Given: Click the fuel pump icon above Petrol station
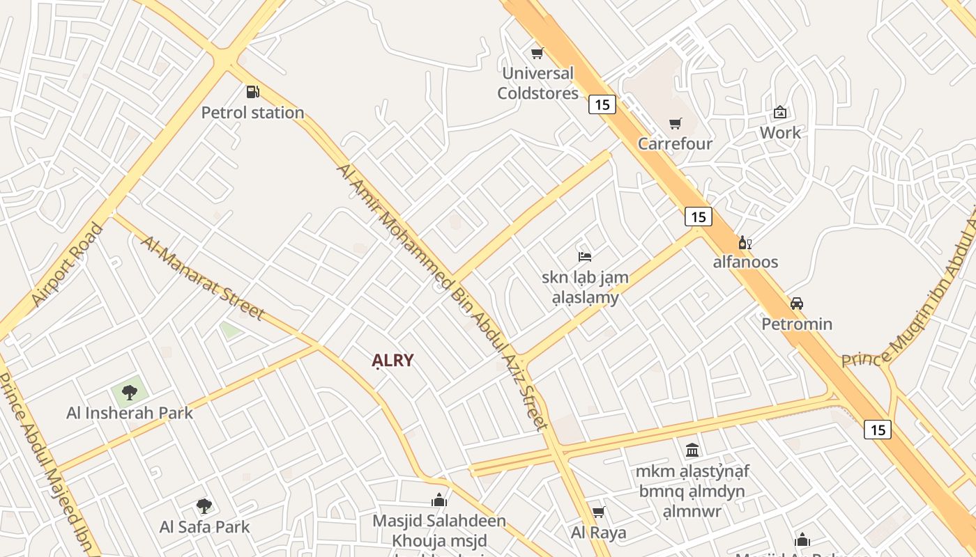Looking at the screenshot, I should pos(252,92).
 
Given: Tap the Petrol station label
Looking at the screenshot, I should pos(252,112).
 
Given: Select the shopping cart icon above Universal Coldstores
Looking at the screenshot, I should pos(537,53).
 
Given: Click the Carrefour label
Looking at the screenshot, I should pos(675,143).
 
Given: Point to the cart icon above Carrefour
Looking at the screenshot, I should pos(675,124).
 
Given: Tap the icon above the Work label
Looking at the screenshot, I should pos(780,112).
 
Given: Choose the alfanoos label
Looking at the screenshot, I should pos(745,262).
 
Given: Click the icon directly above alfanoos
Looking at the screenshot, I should pos(745,242).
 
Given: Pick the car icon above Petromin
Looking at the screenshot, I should pos(796,304).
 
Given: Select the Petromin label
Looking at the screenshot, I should pos(797,324).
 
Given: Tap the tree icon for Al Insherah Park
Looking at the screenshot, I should pos(129,392).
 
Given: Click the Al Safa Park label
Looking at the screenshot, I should pos(204,526).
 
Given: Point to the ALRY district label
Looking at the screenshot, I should pos(392,361).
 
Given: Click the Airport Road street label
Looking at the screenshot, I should pos(67,265).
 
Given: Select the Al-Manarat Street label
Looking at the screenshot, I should pos(202,278).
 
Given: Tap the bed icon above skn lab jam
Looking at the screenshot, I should pos(585,257).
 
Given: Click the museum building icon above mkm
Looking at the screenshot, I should pos(692,450).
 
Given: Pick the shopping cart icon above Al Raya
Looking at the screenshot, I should pos(598,512).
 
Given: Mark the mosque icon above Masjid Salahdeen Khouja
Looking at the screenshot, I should pos(439,500).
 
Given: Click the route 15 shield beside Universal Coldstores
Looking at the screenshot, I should pos(602,104).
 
